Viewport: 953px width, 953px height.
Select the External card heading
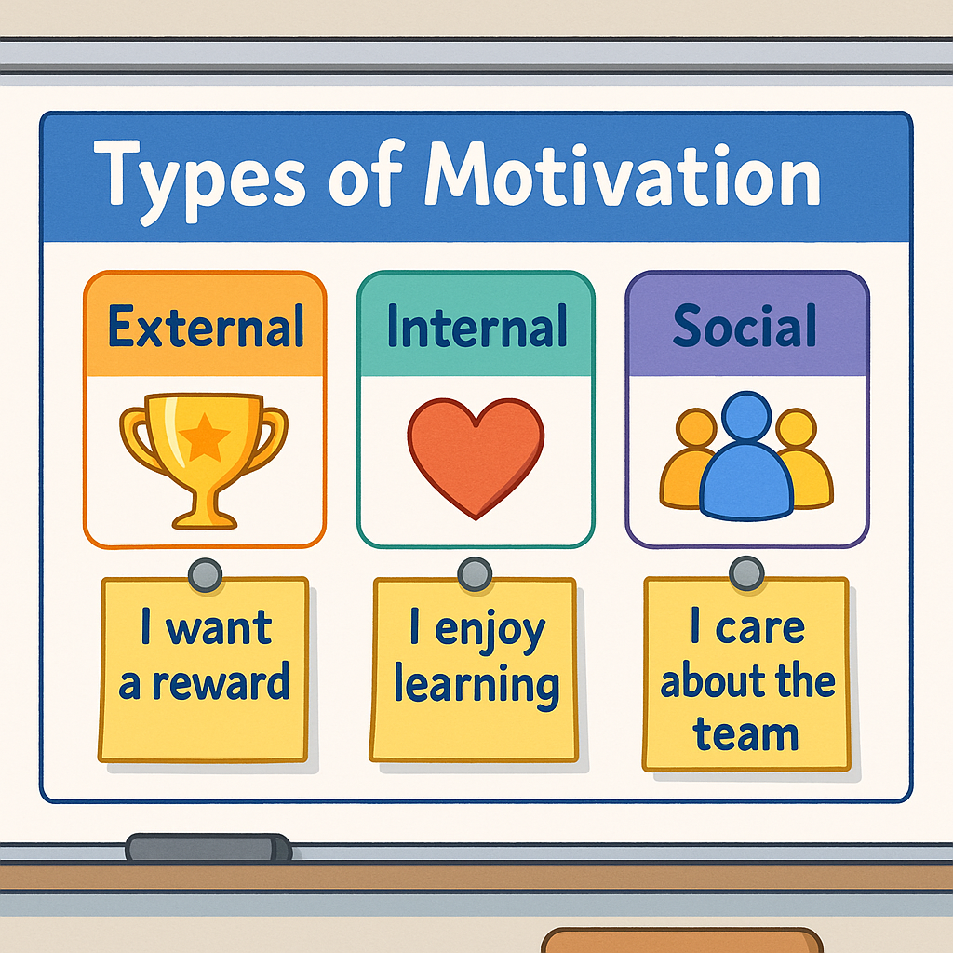click(x=206, y=327)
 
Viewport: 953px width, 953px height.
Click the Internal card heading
click(x=476, y=327)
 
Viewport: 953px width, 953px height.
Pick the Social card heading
click(x=745, y=327)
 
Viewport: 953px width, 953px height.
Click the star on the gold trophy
click(x=204, y=438)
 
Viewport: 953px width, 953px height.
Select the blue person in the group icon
click(x=746, y=461)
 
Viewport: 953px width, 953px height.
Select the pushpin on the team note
click(x=745, y=572)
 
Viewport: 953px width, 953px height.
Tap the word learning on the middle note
click(x=476, y=685)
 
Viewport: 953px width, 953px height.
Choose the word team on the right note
click(x=745, y=734)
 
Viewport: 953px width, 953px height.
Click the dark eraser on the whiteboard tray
click(x=208, y=848)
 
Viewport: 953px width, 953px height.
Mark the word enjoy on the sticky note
click(x=490, y=632)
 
